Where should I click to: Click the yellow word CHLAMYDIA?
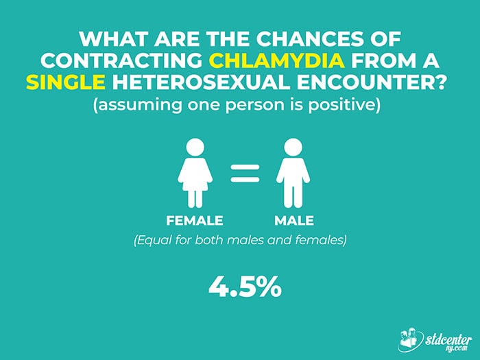point(277,60)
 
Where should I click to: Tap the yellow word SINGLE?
point(66,82)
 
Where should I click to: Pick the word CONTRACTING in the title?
point(121,60)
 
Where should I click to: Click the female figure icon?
point(195,173)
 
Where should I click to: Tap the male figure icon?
point(293,173)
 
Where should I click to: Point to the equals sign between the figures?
point(245,173)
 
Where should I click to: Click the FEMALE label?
point(195,221)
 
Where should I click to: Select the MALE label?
point(294,221)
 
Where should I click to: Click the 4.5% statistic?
point(245,286)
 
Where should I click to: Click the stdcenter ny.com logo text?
point(448,342)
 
